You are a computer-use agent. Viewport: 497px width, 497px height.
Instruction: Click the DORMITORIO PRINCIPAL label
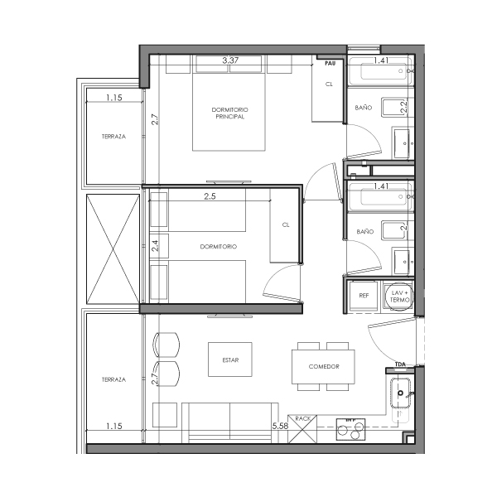click(229, 113)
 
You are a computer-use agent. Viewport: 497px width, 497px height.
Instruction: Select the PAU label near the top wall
click(330, 63)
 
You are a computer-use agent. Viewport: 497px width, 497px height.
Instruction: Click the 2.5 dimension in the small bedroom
click(211, 197)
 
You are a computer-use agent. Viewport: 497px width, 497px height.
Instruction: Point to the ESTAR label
click(229, 359)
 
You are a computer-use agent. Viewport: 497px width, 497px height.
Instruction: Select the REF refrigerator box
click(363, 295)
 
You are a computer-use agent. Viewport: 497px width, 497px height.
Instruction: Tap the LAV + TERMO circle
click(401, 295)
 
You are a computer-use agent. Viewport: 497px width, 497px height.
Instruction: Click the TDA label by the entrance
click(400, 364)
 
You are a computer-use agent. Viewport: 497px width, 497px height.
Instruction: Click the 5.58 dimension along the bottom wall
click(280, 426)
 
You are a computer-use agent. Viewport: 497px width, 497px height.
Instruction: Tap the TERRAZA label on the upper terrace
click(113, 137)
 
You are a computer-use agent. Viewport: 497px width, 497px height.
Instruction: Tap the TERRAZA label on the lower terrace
click(113, 379)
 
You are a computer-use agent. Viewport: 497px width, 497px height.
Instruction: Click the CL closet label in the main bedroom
click(329, 84)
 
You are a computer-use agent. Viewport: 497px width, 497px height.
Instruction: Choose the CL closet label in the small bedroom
click(286, 224)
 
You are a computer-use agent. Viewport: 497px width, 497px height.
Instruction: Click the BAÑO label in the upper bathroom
click(364, 108)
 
